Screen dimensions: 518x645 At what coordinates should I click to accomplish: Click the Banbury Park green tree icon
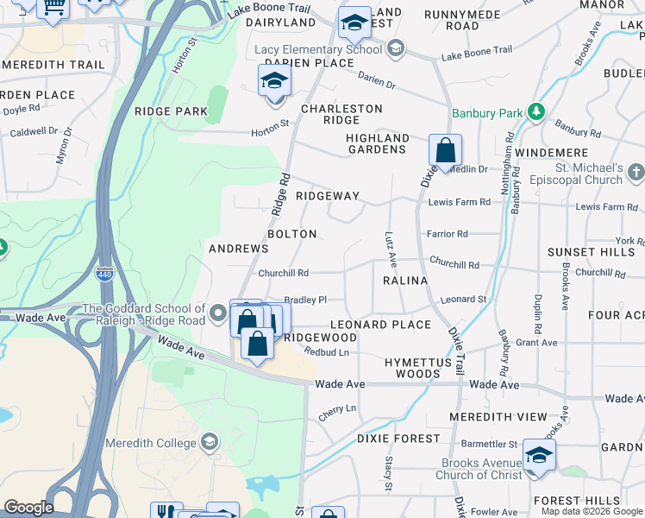coord(536,112)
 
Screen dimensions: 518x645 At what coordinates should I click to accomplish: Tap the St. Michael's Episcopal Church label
coord(589,174)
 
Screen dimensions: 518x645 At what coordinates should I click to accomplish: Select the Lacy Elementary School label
coord(316,49)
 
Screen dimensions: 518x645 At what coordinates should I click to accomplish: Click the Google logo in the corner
coord(28,508)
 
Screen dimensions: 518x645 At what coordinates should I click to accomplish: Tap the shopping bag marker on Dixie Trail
coord(445,151)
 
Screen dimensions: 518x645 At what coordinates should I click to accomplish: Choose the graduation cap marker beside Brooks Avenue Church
coord(539,456)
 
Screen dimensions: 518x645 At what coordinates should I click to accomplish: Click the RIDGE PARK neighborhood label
coord(171,111)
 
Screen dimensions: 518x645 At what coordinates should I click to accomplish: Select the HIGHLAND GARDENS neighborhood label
coord(377,143)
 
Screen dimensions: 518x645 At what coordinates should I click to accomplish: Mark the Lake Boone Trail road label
coord(476,56)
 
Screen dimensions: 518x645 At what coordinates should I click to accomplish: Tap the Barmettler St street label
coord(487,444)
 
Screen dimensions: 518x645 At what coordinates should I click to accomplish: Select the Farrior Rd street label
coord(447,234)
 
